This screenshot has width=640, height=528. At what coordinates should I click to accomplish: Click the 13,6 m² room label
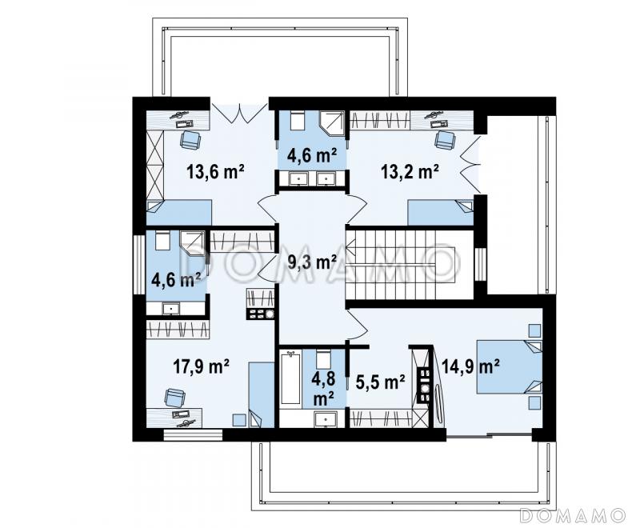click(x=215, y=171)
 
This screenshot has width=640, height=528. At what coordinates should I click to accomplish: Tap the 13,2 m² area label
click(x=410, y=171)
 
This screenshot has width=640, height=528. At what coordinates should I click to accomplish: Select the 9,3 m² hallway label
click(x=312, y=262)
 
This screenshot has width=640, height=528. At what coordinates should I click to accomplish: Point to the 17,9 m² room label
click(x=201, y=366)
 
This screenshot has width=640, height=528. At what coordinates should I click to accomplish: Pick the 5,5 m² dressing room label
click(x=381, y=382)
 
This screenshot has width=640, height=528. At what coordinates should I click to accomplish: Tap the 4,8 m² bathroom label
click(x=324, y=388)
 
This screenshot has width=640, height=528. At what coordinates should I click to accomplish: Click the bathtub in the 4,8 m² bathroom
click(x=290, y=378)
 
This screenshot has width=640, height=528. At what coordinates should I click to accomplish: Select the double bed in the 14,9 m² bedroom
click(x=510, y=367)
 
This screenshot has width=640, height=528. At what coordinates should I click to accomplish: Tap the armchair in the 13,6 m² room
click(x=190, y=139)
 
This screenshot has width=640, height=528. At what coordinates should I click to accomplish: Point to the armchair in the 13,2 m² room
click(x=445, y=139)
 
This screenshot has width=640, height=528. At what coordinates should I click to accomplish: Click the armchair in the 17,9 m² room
click(x=174, y=398)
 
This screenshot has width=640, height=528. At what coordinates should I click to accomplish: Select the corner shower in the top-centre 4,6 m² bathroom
click(x=331, y=122)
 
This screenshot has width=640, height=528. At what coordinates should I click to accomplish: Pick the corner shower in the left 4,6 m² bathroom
click(x=192, y=243)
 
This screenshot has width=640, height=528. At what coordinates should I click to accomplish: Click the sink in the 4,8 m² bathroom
click(x=326, y=419)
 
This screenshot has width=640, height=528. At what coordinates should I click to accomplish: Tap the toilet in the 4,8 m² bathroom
click(x=324, y=359)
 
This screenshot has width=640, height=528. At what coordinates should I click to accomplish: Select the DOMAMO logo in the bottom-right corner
click(x=572, y=515)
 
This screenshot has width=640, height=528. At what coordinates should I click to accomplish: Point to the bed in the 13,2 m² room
click(x=441, y=212)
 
